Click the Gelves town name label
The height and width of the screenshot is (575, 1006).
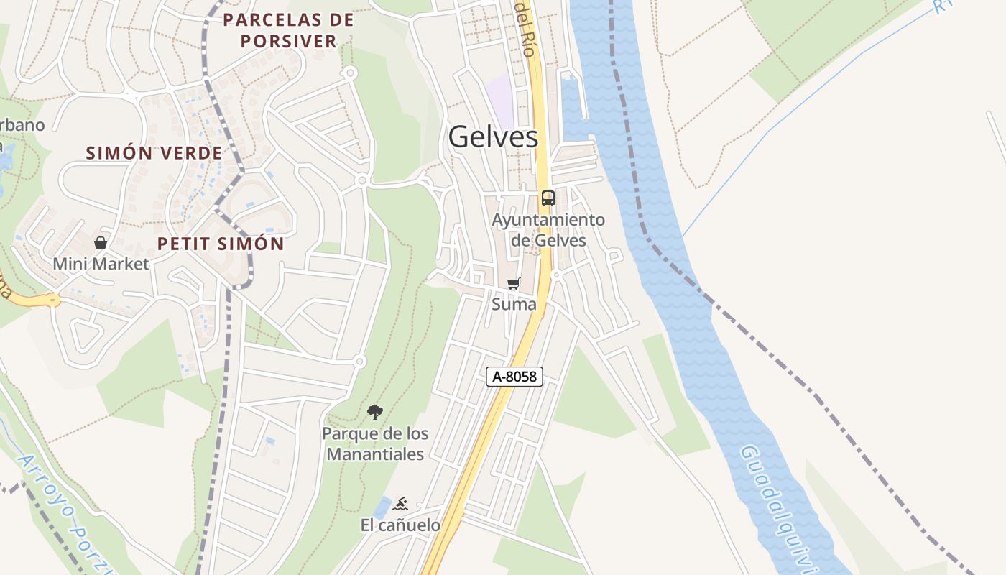(x=493, y=137)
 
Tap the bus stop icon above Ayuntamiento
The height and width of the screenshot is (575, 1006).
(x=548, y=198)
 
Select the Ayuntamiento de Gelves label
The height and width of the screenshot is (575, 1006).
(x=548, y=230)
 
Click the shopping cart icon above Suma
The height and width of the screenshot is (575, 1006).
(x=514, y=283)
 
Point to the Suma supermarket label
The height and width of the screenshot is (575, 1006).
(x=514, y=304)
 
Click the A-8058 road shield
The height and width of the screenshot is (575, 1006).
(x=514, y=376)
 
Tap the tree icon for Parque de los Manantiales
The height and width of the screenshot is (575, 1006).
(x=374, y=413)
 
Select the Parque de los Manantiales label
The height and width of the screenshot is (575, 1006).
(x=375, y=443)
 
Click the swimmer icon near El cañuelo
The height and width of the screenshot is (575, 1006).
(x=401, y=503)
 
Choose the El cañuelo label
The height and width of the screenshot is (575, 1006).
(x=400, y=525)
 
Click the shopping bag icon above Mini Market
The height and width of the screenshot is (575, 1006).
(x=101, y=243)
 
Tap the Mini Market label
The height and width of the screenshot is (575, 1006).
(x=101, y=264)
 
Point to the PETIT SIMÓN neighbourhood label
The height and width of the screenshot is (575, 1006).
(x=221, y=244)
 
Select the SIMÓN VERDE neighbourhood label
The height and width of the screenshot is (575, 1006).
(x=154, y=153)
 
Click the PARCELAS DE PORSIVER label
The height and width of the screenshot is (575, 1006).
(x=289, y=30)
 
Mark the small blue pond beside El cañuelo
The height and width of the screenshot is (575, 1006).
(x=382, y=507)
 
